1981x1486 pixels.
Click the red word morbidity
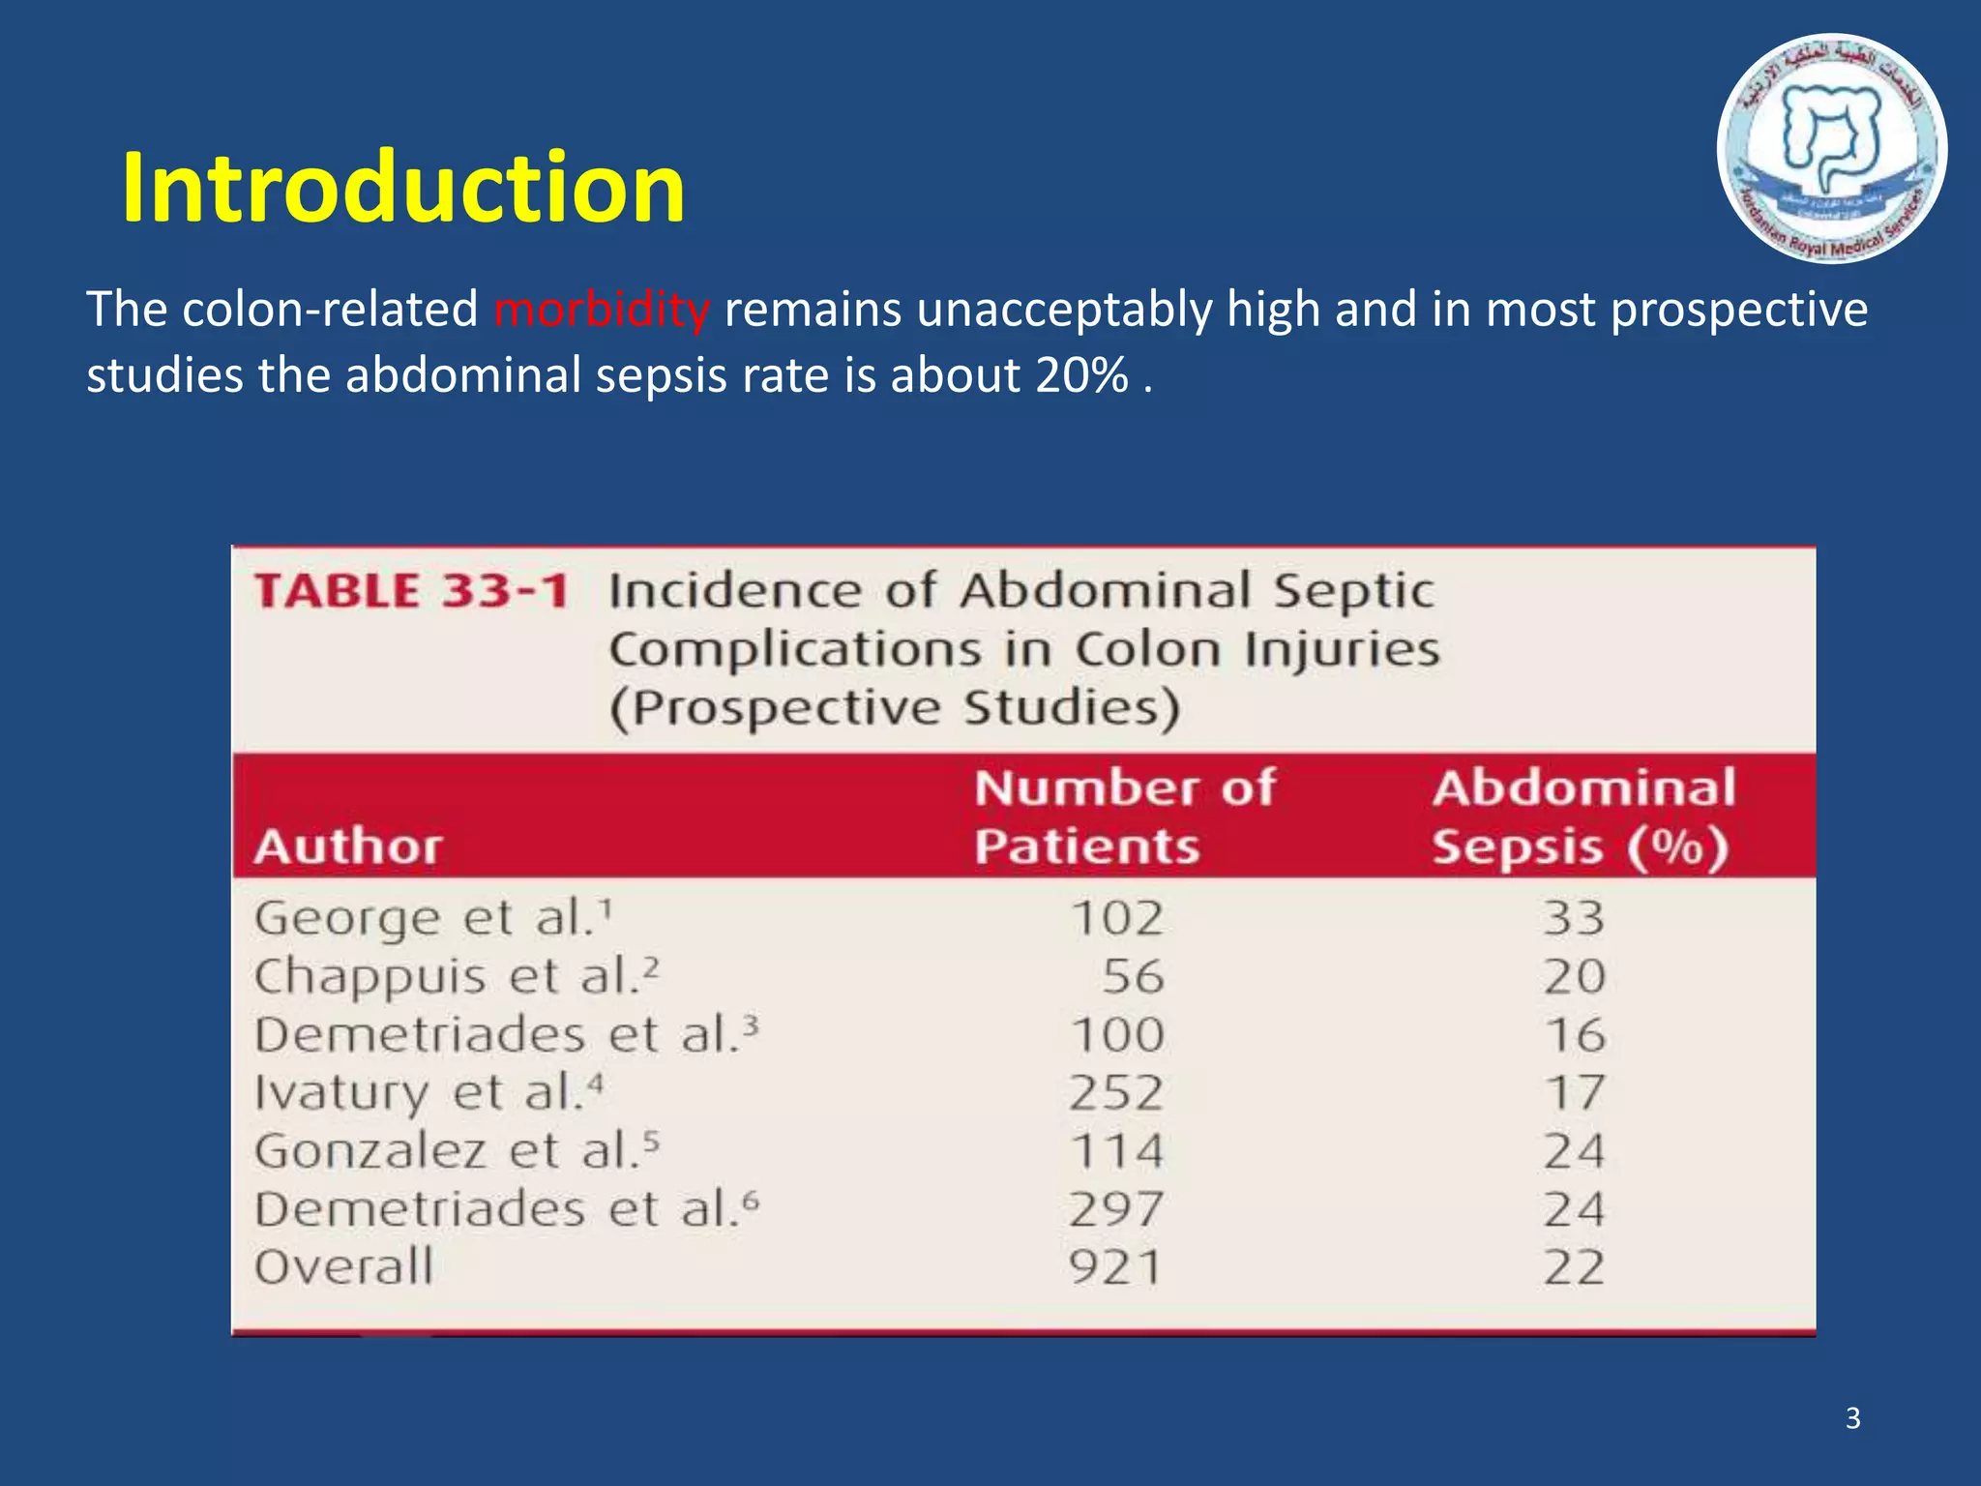602,310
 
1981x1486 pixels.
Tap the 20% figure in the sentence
1081,375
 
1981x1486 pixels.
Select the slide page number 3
1852,1418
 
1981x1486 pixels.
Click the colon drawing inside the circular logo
1830,135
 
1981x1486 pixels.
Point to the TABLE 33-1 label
411,591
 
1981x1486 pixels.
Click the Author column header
348,847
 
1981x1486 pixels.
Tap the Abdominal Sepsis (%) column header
1582,817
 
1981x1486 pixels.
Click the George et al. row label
432,917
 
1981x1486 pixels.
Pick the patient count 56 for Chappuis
1133,976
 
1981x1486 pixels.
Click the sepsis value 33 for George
1574,917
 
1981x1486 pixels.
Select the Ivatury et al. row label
428,1093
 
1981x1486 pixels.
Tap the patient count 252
1116,1093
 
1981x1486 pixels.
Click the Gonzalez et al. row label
456,1151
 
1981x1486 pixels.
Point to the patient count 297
1116,1209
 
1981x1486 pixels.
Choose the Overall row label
343,1267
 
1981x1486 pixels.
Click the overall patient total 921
1114,1267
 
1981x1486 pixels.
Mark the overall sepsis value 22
1574,1267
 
